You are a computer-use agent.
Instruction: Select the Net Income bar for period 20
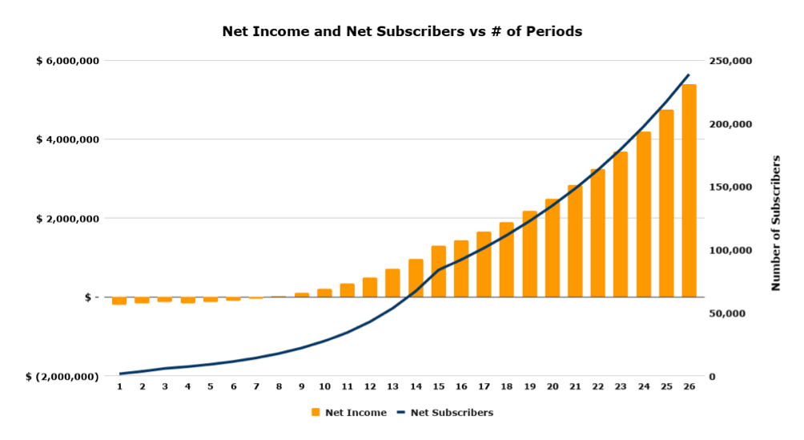pos(553,248)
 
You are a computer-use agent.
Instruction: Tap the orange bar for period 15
pos(438,272)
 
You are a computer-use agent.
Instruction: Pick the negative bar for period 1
pos(119,301)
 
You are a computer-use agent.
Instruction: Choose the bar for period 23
pos(621,224)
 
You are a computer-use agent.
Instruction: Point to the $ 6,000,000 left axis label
pos(67,61)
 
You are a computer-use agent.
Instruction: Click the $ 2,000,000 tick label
pos(67,219)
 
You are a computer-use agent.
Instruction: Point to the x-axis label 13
pos(392,386)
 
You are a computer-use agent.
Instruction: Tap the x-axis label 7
pos(256,386)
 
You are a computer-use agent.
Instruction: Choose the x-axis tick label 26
pos(689,386)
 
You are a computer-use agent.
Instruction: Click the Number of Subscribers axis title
pos(775,223)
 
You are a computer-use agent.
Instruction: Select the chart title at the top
pos(401,32)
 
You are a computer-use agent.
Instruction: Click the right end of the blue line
pos(689,75)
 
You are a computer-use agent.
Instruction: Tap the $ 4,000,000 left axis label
pos(67,139)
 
